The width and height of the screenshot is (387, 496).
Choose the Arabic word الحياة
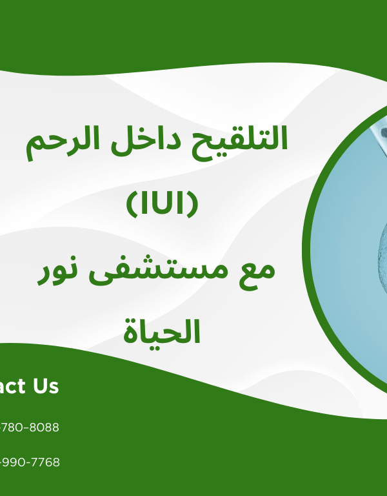161,332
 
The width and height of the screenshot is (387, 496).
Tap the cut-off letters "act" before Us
12,386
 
